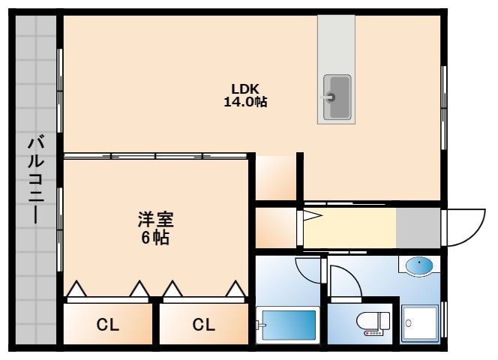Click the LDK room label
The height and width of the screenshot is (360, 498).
point(245,89)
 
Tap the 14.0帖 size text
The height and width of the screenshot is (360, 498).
point(245,102)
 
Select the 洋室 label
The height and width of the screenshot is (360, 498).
point(156,219)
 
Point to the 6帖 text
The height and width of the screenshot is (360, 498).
point(155,237)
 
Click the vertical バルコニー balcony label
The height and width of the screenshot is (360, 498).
point(36,179)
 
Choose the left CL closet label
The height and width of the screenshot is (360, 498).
point(108,325)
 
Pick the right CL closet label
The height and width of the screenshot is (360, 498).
point(203,325)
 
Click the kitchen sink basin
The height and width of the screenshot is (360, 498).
point(337,97)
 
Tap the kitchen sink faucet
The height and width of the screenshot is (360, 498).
point(328,97)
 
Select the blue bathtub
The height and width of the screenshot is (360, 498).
point(289,325)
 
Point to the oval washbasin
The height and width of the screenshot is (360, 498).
point(419,265)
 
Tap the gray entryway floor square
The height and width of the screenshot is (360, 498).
point(418,227)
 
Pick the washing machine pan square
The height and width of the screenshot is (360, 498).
point(420,324)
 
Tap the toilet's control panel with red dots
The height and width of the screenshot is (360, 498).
point(373,333)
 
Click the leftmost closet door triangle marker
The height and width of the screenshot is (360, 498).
point(76,289)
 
